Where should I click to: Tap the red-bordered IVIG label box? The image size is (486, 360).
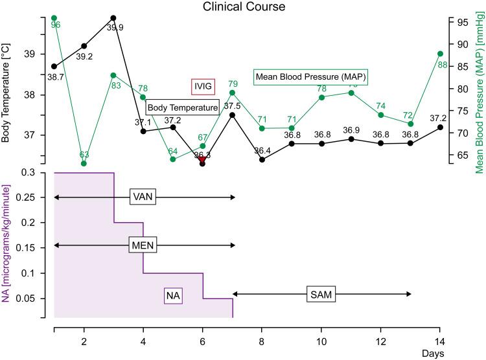tap(202, 87)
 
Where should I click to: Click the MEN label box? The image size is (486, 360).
tap(143, 245)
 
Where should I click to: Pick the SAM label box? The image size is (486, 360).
tap(321, 295)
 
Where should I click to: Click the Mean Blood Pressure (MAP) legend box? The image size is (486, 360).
tap(311, 77)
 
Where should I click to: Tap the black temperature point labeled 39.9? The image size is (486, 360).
tap(113, 18)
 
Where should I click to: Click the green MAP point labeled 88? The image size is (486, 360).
tap(440, 54)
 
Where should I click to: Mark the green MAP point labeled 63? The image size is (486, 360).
tap(84, 163)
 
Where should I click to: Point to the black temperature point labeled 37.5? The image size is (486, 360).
tap(232, 115)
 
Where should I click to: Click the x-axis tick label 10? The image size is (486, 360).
tap(321, 341)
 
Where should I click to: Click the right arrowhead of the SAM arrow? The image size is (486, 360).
tap(409, 294)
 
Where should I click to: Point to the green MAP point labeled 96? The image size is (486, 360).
tap(54, 18)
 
